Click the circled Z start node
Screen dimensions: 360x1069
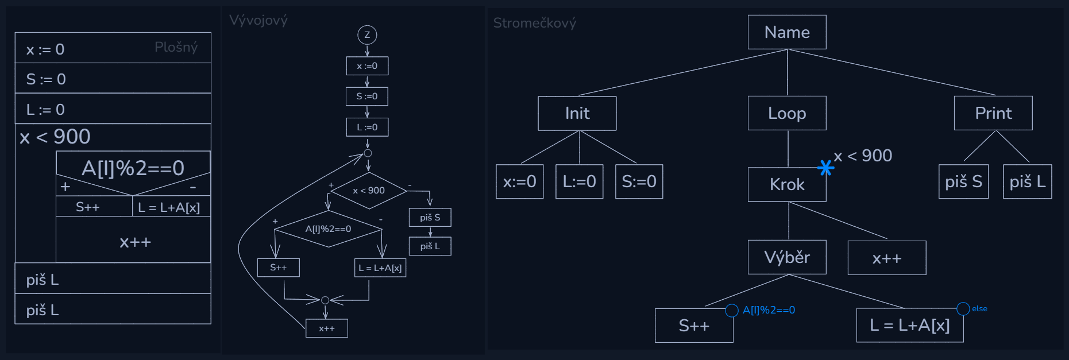click(x=367, y=35)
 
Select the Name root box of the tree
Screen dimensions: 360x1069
click(x=787, y=32)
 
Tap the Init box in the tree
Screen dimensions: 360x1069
click(x=577, y=113)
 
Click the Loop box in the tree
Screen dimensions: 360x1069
click(x=787, y=113)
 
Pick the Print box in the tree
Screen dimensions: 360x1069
click(x=993, y=113)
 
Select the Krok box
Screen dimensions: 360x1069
click(x=787, y=184)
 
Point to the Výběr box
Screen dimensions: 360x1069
click(x=787, y=257)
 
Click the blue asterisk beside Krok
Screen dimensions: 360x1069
click(x=825, y=168)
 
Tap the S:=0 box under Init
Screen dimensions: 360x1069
click(x=639, y=181)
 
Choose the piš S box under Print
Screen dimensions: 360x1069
click(x=963, y=181)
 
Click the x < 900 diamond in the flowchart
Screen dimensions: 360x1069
click(x=369, y=191)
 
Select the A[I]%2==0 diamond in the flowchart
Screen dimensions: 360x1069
click(x=328, y=229)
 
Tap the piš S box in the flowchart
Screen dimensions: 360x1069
click(x=430, y=218)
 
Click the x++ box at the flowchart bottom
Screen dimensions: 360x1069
click(x=326, y=328)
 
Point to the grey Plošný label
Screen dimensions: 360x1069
click(x=176, y=47)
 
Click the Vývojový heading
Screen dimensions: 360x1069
click(x=258, y=20)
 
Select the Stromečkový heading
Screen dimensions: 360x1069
click(x=534, y=23)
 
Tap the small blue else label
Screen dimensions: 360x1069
click(x=979, y=309)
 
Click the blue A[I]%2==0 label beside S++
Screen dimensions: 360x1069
click(x=769, y=310)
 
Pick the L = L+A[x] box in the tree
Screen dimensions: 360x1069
click(x=909, y=326)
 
